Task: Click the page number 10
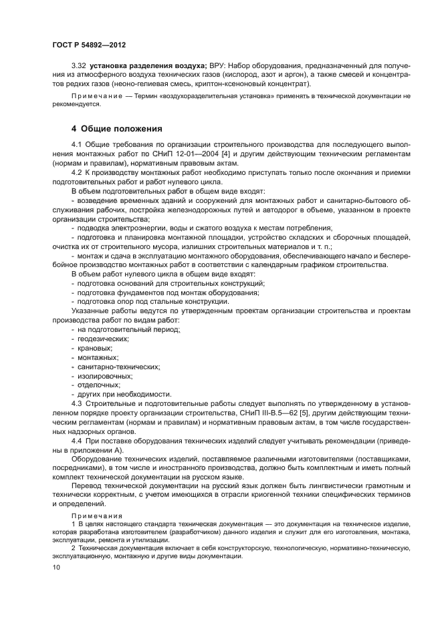click(x=55, y=567)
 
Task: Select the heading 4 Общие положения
click(x=116, y=128)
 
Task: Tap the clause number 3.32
click(x=79, y=66)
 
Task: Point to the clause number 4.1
click(x=77, y=145)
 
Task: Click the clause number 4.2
click(x=77, y=172)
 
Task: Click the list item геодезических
click(x=98, y=339)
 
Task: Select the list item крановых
click(x=94, y=348)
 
